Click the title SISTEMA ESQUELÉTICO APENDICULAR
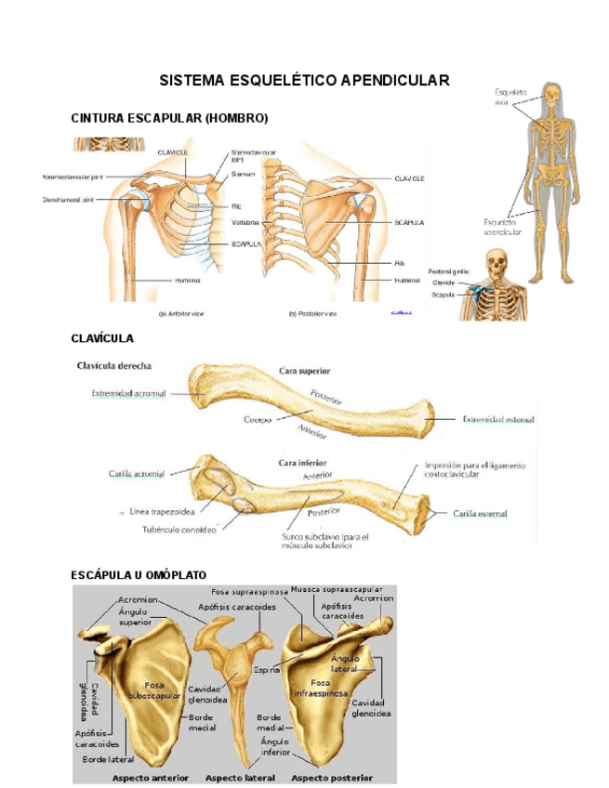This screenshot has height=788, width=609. tap(304, 81)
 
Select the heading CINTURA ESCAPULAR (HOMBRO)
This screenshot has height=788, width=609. tap(169, 118)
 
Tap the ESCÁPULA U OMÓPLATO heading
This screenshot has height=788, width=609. tap(139, 575)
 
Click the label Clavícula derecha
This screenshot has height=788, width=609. tap(114, 366)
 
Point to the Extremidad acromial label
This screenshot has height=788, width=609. tap(128, 393)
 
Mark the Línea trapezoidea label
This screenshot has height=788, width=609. tap(163, 511)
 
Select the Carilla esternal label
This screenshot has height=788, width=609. tap(486, 512)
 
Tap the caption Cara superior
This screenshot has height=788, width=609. tap(305, 370)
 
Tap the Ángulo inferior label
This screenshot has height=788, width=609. tap(274, 746)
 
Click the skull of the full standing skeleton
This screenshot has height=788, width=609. tap(552, 95)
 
